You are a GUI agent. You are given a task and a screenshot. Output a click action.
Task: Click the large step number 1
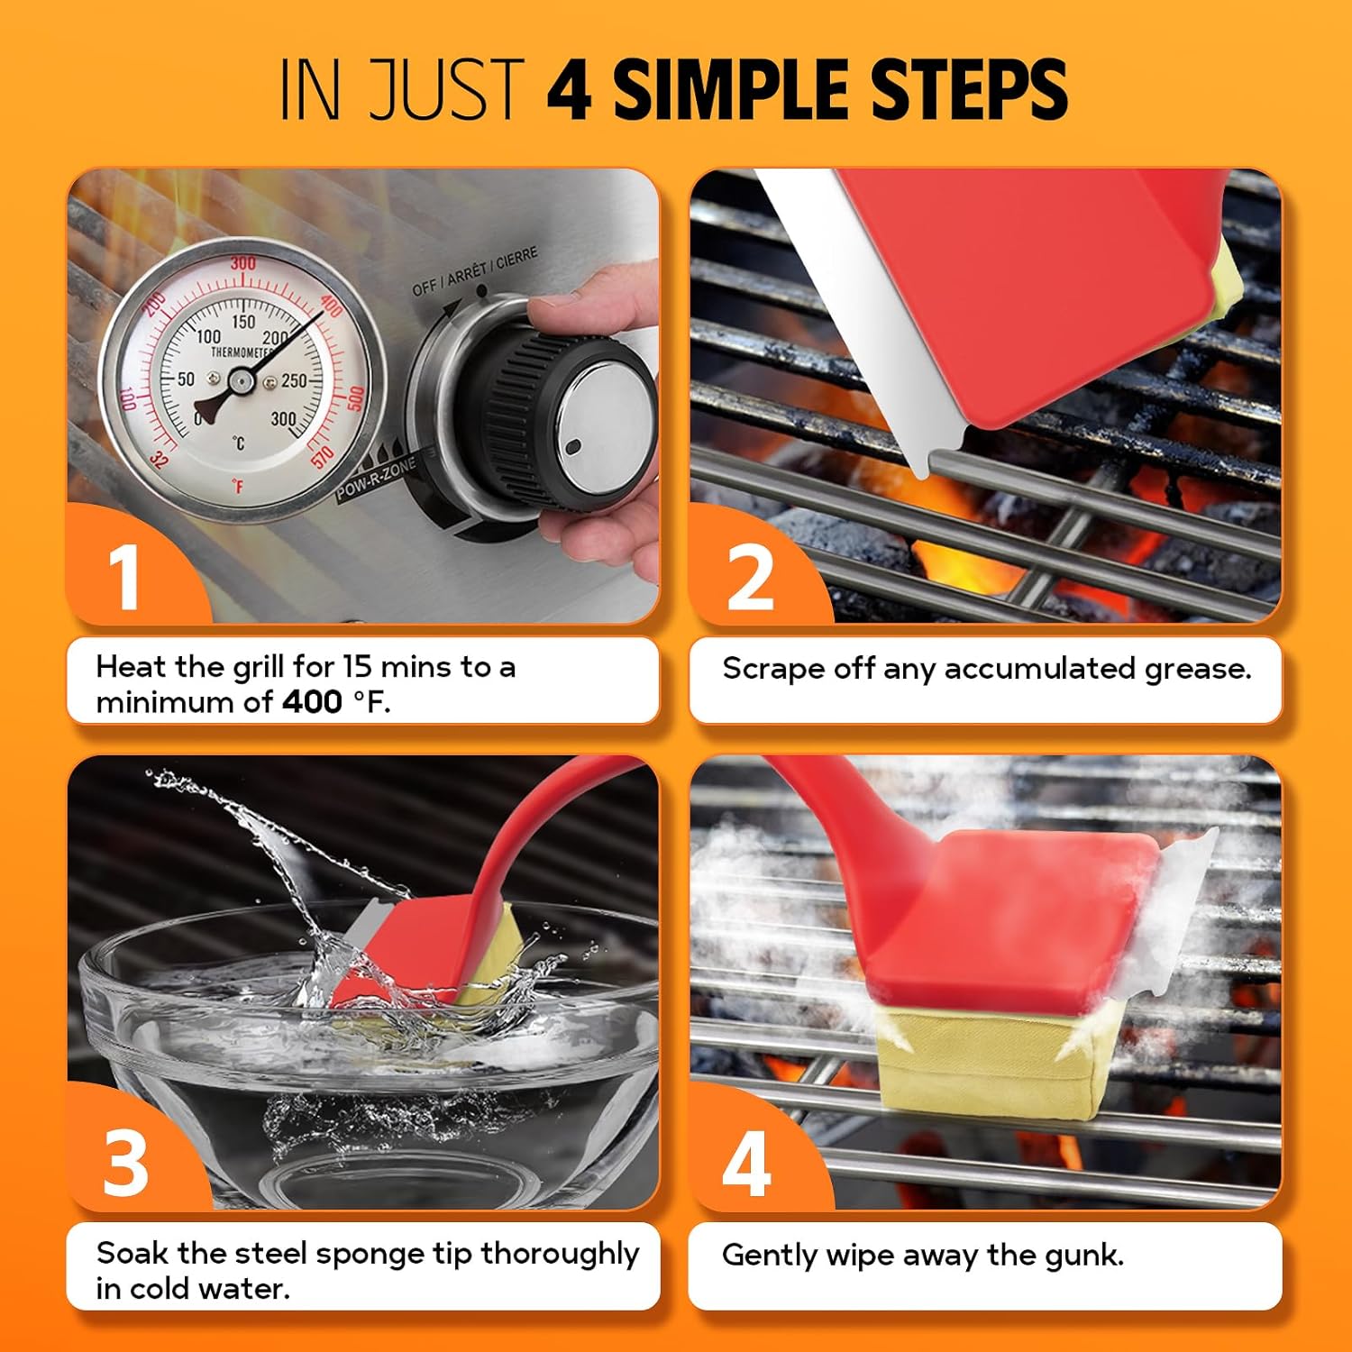pos(124,577)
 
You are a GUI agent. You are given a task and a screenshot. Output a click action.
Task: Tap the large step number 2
pos(750,577)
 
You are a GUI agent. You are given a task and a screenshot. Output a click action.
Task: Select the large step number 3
pos(125,1163)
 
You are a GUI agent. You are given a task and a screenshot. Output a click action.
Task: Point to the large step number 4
pos(746,1163)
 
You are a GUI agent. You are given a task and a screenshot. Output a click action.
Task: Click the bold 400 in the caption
pos(312,702)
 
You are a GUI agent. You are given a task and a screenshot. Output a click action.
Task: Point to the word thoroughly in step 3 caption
pos(560,1255)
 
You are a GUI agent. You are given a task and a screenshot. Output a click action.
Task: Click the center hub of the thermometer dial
pos(240,382)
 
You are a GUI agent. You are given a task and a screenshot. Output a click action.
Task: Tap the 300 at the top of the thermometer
pos(242,263)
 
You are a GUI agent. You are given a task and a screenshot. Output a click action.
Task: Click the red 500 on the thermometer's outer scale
pos(355,397)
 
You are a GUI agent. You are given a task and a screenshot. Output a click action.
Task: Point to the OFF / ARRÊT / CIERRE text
pos(474,270)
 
